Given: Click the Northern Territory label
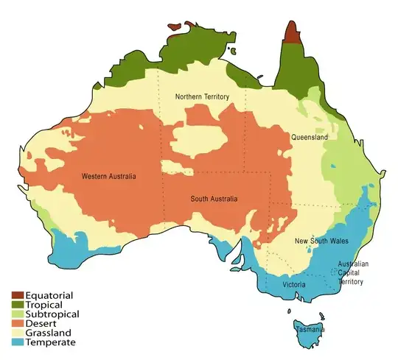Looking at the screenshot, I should point(202,97).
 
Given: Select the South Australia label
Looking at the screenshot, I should point(214,199).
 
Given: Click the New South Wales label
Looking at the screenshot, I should point(321,241).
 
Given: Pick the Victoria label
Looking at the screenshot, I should point(295,284).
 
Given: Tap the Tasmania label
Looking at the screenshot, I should point(310,329).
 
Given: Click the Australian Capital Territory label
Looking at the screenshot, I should point(353,272).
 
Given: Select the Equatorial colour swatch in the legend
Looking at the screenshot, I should point(13,295).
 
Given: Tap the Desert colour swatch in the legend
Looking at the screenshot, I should point(13,323).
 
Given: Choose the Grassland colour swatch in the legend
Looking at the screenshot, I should point(13,333).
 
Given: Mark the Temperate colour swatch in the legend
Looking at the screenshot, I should point(13,342).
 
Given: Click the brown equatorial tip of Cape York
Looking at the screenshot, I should point(292,34).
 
